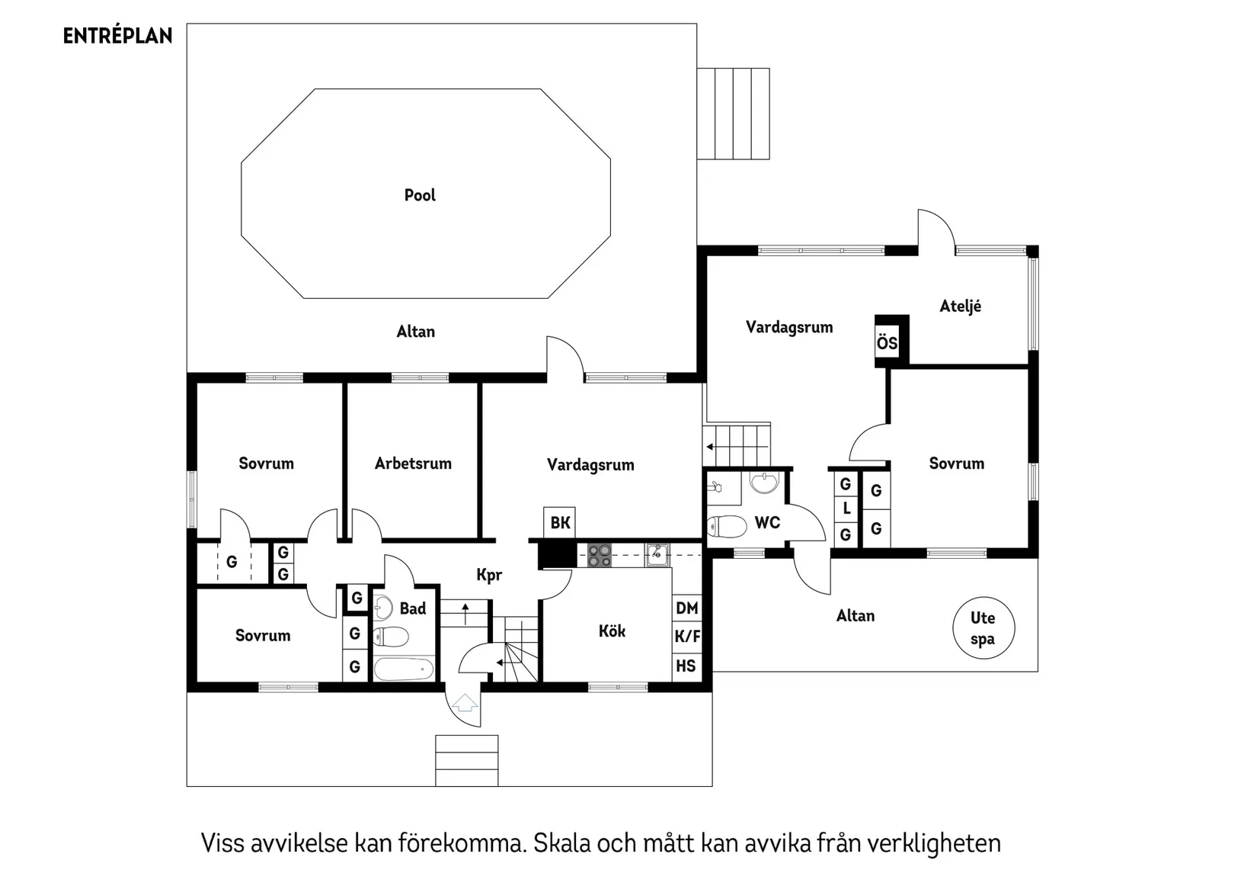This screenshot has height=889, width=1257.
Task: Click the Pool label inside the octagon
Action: click(x=420, y=195)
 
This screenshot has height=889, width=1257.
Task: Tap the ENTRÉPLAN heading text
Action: click(x=117, y=36)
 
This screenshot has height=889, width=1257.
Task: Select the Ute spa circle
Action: click(x=984, y=628)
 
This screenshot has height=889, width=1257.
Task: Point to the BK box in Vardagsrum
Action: click(x=560, y=522)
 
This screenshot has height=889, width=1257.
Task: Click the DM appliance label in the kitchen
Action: click(x=686, y=608)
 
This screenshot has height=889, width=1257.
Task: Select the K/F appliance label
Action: click(x=686, y=637)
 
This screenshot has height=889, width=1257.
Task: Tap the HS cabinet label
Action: click(x=686, y=666)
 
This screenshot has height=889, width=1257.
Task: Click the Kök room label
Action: click(x=612, y=631)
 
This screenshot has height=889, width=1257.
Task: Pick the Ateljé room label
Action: click(x=960, y=306)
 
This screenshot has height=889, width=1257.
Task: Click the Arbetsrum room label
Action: click(x=413, y=464)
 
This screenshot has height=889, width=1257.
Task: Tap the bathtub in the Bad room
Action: click(x=404, y=669)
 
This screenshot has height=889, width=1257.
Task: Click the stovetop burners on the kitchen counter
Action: click(x=600, y=555)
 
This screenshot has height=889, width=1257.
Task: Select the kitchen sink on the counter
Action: click(x=657, y=554)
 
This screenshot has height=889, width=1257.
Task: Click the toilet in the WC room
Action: click(x=727, y=526)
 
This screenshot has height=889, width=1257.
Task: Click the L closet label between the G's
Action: click(x=846, y=509)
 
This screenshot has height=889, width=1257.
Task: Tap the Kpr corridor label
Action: click(x=489, y=575)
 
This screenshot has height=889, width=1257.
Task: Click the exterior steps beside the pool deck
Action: click(x=733, y=114)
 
